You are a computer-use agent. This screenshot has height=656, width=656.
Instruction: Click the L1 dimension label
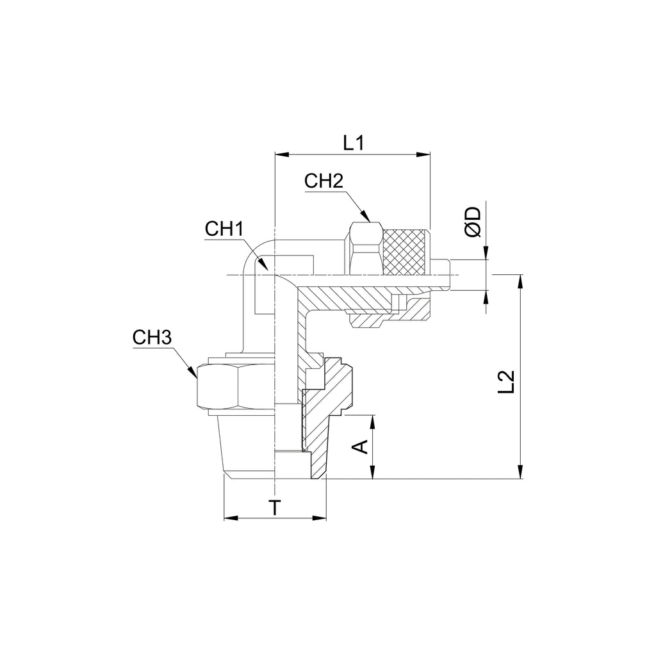354,143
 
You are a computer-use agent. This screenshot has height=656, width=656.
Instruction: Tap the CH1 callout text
224,229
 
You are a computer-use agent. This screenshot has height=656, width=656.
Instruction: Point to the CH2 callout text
324,181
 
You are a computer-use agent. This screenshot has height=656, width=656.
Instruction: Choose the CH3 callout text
152,338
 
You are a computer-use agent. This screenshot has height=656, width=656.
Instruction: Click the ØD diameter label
473,221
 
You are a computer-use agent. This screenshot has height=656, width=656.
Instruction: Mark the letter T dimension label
275,507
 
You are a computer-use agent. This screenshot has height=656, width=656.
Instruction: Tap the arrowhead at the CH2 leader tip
366,216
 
